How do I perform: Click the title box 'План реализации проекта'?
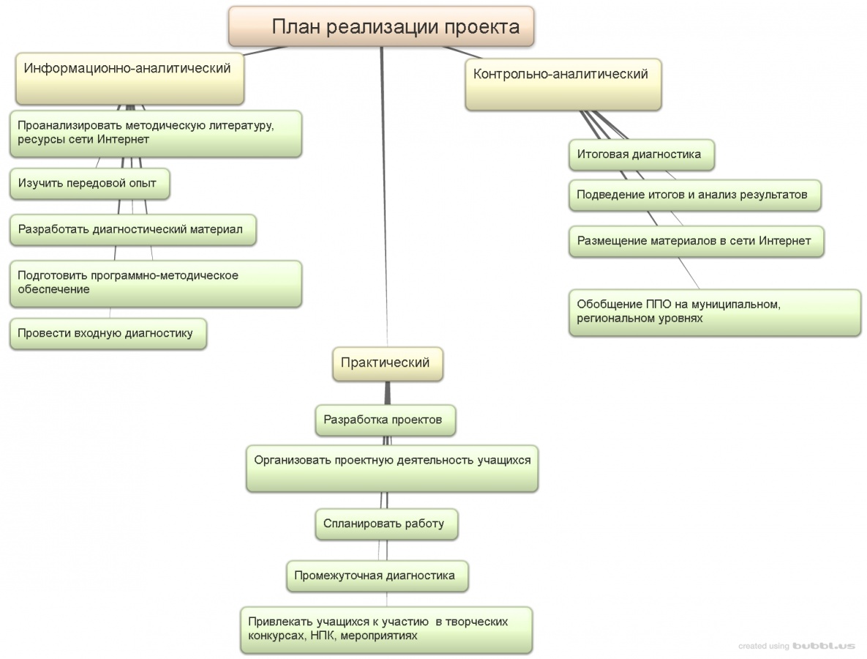381,26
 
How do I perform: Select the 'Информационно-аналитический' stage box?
130,79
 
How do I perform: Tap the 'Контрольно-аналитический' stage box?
563,84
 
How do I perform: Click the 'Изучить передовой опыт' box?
90,184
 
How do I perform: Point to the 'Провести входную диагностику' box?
108,333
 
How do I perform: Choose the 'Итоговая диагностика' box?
641,154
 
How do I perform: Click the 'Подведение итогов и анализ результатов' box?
694,195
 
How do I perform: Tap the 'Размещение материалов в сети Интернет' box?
696,241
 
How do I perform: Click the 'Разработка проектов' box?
386,420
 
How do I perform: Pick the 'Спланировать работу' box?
386,524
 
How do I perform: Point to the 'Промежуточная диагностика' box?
377,576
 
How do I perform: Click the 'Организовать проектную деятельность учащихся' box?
392,468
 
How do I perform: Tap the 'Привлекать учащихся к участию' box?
386,629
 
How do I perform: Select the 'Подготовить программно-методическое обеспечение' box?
155,283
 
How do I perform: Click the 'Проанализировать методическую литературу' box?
155,133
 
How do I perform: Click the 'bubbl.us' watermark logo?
824,646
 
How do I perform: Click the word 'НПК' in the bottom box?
321,636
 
